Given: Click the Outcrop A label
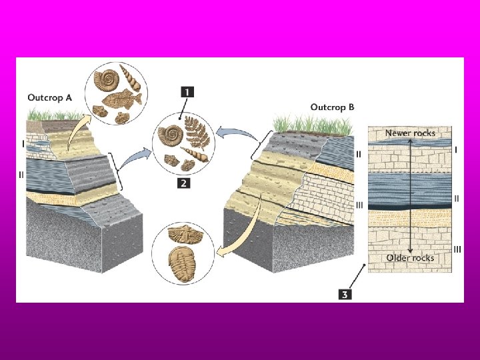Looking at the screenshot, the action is point(49,97).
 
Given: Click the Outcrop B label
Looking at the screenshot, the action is point(333,107).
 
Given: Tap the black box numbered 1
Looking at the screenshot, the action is point(186,93).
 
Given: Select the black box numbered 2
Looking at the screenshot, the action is point(183,181).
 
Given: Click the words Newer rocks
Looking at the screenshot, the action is point(410,133).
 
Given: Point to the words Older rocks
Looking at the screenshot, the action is point(410,258).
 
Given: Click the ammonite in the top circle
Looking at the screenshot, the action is point(105,79).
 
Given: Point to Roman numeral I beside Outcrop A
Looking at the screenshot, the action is point(23,143).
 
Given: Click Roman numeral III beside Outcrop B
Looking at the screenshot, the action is point(359,205).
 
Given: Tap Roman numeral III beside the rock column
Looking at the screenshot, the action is point(457,249).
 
